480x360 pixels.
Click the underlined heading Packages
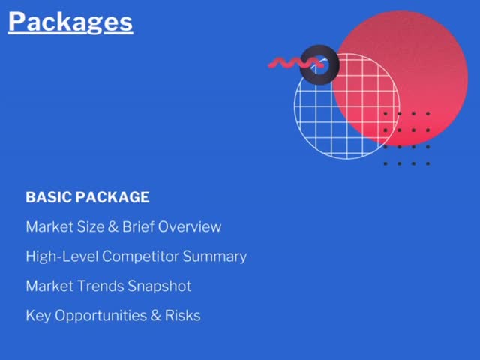click(70, 22)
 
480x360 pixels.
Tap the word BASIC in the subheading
click(49, 197)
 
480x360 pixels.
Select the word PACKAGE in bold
click(112, 197)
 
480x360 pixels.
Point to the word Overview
click(190, 226)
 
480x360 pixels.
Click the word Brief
click(138, 226)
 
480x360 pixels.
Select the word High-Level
click(62, 256)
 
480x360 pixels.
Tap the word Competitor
click(140, 256)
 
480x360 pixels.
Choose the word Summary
click(214, 256)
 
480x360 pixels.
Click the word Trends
click(100, 286)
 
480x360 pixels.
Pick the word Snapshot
click(160, 286)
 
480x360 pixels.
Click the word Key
click(38, 316)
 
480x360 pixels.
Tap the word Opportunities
click(101, 316)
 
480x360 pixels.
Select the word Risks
click(183, 315)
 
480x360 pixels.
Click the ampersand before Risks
click(156, 316)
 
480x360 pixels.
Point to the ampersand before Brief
click(113, 226)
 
